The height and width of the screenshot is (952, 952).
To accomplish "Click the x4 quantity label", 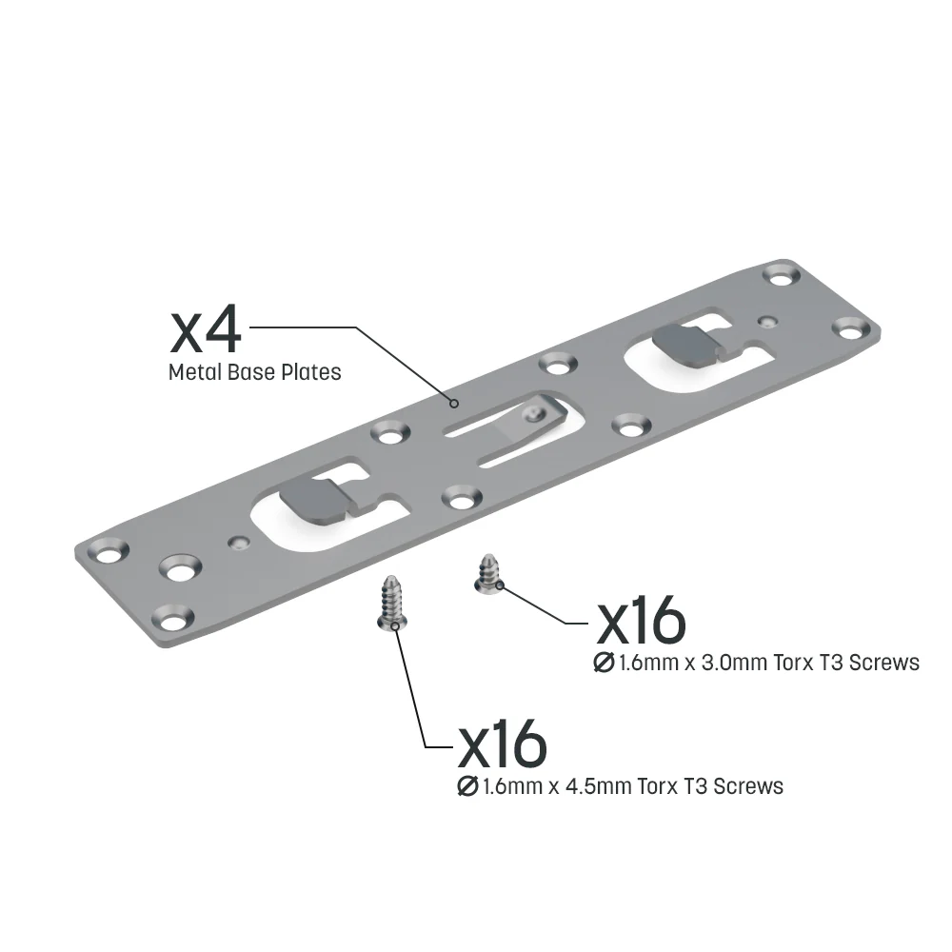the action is (206, 331).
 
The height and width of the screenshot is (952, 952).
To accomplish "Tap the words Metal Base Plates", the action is (254, 372).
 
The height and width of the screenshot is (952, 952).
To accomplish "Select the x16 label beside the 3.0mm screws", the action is (641, 621).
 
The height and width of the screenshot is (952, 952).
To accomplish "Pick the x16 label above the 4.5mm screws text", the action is (502, 745).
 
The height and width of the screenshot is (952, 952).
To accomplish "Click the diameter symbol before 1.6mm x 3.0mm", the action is (605, 662).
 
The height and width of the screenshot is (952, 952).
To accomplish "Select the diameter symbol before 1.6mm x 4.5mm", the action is (467, 786).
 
